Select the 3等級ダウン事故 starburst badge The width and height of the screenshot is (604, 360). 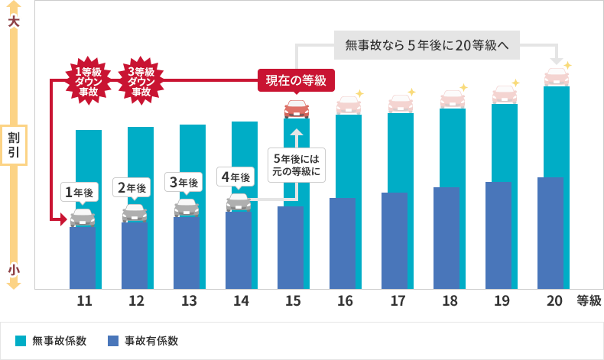point(141,80)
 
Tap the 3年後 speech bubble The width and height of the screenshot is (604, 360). point(183,182)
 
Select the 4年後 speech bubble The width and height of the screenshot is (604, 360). point(235,177)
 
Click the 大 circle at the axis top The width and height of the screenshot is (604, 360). point(13,22)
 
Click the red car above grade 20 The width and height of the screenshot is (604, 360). point(556,77)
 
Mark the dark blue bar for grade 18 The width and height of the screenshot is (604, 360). point(452,238)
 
